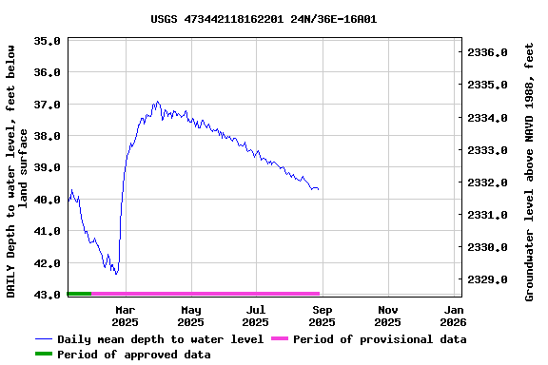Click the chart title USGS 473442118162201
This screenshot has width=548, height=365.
click(x=264, y=18)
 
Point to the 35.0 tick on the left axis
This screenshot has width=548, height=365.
click(x=48, y=41)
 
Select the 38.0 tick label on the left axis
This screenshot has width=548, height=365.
click(x=48, y=136)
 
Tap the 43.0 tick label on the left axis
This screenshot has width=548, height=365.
click(x=48, y=295)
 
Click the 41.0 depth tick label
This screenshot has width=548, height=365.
click(x=48, y=231)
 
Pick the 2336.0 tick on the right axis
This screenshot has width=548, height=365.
click(x=490, y=52)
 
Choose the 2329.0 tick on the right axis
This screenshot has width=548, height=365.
click(x=490, y=279)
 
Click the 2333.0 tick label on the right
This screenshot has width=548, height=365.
click(x=490, y=150)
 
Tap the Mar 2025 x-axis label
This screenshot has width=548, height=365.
click(x=126, y=316)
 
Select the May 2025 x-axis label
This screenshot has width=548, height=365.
click(x=191, y=316)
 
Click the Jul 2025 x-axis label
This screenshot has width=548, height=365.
click(x=257, y=316)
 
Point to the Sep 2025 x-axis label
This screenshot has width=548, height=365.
click(x=323, y=316)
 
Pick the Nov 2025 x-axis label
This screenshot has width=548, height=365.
click(x=388, y=316)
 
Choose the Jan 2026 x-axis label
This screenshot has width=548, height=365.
click(x=454, y=316)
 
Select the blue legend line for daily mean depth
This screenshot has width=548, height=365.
click(x=45, y=339)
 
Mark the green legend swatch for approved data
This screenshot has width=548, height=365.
click(x=45, y=355)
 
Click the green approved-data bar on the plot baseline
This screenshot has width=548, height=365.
click(x=79, y=294)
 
